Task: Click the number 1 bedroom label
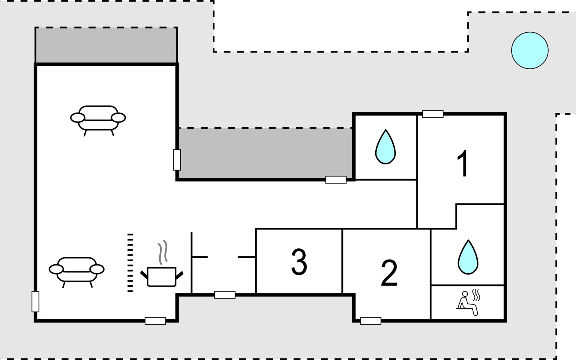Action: click(x=463, y=163)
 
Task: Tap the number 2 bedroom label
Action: click(x=389, y=273)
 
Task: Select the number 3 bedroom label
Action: click(x=299, y=262)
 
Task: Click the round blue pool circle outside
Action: click(x=530, y=50)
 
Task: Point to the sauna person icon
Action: click(x=468, y=303)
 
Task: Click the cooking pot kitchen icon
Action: click(x=162, y=276)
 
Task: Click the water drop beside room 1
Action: click(x=385, y=147)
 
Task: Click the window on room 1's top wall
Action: click(x=433, y=114)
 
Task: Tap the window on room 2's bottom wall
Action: click(x=370, y=321)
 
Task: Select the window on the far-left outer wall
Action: click(x=35, y=301)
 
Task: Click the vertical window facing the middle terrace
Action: click(x=177, y=160)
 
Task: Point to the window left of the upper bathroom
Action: click(x=336, y=180)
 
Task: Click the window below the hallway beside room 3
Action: click(x=225, y=295)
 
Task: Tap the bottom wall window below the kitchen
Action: click(x=155, y=321)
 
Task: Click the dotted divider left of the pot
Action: click(x=130, y=262)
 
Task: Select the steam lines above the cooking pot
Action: click(x=163, y=252)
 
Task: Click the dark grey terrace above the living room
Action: click(x=106, y=45)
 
